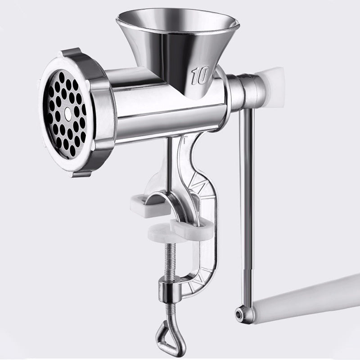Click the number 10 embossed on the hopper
pyautogui.click(x=199, y=76)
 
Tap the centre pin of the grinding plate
pyautogui.click(x=67, y=115)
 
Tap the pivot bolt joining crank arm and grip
pyautogui.click(x=242, y=312)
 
